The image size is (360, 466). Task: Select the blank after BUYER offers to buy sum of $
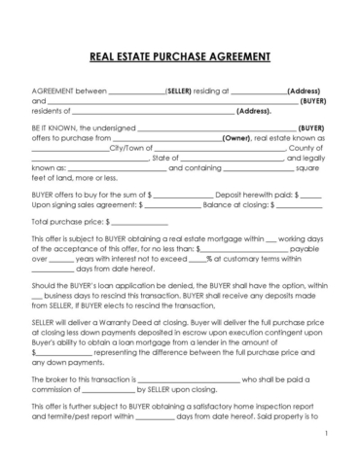tap(181, 194)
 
